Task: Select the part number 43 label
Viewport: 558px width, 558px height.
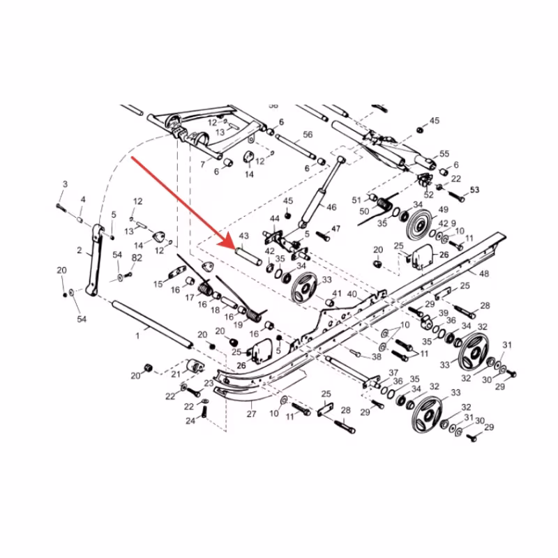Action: [x=244, y=237]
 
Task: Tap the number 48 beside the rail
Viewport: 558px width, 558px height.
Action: [x=483, y=273]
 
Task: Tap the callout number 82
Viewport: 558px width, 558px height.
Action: [x=137, y=258]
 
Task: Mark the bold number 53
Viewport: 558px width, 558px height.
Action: [x=475, y=190]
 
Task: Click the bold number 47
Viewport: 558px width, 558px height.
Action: [x=335, y=229]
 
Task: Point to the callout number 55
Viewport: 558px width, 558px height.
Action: [x=444, y=153]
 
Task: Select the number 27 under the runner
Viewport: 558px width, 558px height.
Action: [x=252, y=414]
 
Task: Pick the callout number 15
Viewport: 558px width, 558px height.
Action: [x=158, y=284]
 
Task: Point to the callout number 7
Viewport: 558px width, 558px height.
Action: [x=202, y=165]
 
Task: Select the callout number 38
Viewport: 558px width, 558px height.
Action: [x=377, y=356]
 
